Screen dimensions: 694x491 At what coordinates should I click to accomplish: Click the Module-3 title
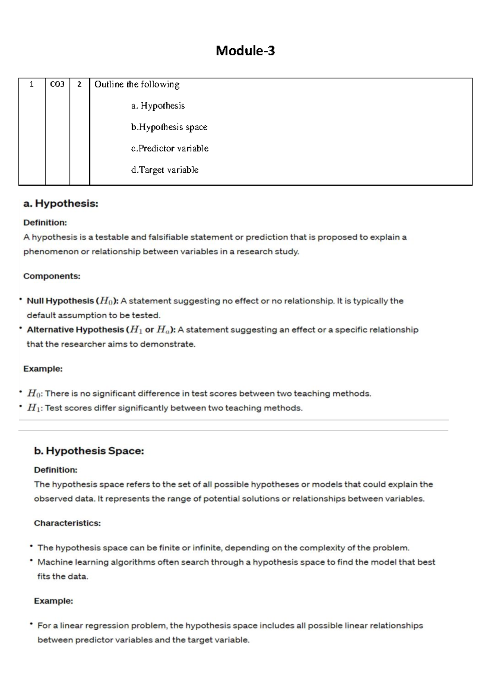[245, 51]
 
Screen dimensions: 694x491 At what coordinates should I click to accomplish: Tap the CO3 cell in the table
[57, 84]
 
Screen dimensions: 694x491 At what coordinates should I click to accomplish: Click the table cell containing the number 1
[32, 84]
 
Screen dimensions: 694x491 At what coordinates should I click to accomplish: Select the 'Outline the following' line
[137, 85]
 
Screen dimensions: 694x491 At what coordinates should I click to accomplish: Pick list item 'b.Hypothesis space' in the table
[169, 127]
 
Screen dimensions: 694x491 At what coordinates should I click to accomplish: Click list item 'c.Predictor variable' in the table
[169, 149]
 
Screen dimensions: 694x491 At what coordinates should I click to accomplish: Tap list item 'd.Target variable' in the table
[164, 170]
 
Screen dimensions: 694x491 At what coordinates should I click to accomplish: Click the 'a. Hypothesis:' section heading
[61, 204]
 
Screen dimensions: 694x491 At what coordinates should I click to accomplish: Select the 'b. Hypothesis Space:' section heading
[89, 451]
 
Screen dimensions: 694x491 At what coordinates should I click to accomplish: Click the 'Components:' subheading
[52, 276]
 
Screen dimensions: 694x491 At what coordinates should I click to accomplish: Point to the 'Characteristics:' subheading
[67, 523]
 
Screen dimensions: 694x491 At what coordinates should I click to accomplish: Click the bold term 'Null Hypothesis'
[60, 301]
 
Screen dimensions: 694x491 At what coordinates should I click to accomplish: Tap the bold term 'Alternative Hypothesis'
[75, 330]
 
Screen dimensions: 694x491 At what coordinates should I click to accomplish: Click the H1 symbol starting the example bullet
[34, 408]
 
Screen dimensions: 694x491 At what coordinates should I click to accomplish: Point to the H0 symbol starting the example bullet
[34, 394]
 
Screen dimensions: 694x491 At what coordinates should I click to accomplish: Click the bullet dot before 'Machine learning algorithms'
[31, 561]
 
